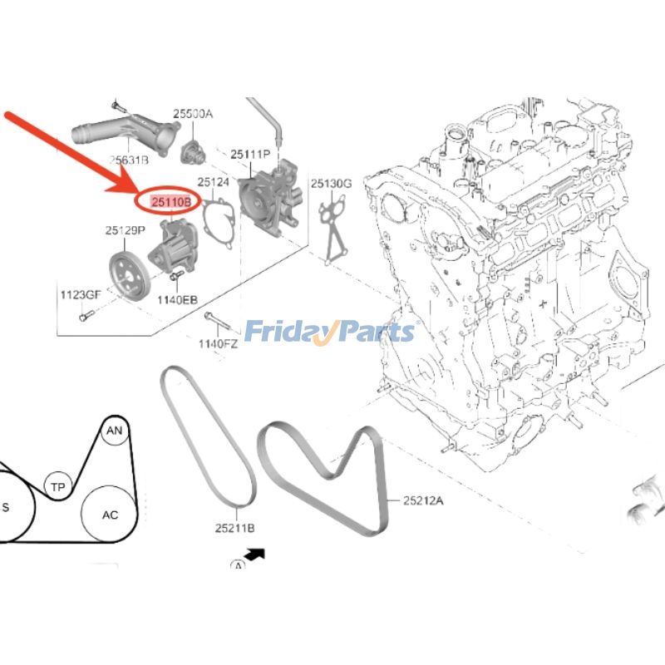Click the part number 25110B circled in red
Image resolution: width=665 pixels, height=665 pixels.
click(170, 201)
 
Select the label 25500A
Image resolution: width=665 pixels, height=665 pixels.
click(193, 114)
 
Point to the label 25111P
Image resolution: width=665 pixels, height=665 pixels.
click(251, 155)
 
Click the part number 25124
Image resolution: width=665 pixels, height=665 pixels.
click(213, 182)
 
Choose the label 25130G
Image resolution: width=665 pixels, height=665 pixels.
click(332, 183)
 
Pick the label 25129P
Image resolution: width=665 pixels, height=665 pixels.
click(125, 229)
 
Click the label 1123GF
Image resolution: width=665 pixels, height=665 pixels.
click(80, 294)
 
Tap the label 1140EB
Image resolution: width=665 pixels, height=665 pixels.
click(178, 298)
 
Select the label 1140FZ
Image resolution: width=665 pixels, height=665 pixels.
click(218, 343)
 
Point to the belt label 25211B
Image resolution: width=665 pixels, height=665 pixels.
click(234, 528)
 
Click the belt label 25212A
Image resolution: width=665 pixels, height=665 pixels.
click(424, 500)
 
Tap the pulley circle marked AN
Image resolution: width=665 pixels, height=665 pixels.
click(114, 430)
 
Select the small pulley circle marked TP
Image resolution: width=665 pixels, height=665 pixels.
click(57, 487)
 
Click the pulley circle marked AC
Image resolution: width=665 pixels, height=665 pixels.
click(110, 515)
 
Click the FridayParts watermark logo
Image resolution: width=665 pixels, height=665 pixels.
click(329, 332)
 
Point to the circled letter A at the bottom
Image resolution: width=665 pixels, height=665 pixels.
click(239, 565)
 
